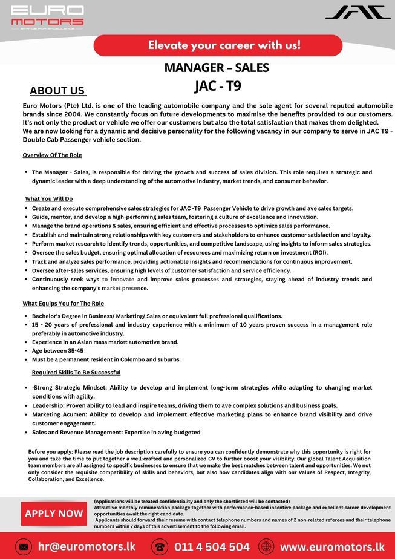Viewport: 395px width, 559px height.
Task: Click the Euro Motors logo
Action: point(47,18)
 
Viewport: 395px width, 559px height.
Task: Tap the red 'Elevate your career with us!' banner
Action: point(218,45)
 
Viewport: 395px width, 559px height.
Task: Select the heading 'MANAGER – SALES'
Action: point(217,68)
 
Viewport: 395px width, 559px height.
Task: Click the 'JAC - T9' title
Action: point(217,86)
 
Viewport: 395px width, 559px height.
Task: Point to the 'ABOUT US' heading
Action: point(57,91)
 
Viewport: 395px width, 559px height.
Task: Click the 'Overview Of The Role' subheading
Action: point(52,155)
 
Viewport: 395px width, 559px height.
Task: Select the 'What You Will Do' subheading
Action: point(49,198)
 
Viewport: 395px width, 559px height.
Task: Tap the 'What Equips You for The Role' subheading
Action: point(64,303)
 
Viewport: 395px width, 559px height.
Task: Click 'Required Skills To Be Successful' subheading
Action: point(76,372)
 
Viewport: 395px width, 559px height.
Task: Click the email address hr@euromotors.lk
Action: point(87,546)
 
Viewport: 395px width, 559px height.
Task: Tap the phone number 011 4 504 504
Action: point(212,546)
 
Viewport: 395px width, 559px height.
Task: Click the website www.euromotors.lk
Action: point(332,546)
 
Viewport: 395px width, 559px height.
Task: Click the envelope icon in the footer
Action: point(22,547)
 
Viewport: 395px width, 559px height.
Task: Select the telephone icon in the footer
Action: point(160,547)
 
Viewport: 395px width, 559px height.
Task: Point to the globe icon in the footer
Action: point(266,547)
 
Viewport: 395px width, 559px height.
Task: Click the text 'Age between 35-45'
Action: point(58,351)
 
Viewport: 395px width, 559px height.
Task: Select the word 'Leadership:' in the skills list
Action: point(49,405)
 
